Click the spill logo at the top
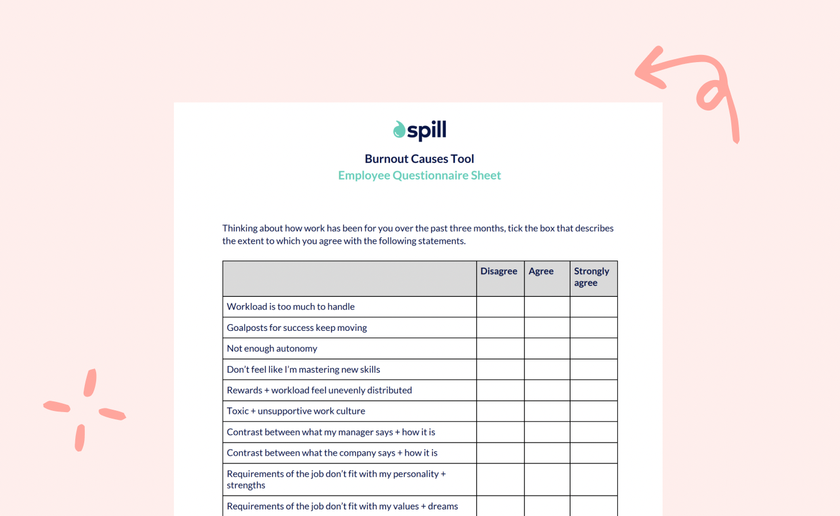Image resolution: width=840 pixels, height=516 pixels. pyautogui.click(x=419, y=130)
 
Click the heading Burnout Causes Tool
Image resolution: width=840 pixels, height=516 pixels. pyautogui.click(x=419, y=159)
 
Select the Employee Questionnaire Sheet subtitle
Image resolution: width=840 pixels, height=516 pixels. pyautogui.click(x=419, y=176)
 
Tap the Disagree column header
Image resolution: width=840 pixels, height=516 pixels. pyautogui.click(x=499, y=271)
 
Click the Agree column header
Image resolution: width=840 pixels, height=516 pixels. pyautogui.click(x=541, y=271)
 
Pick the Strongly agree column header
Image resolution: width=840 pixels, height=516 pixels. pyautogui.click(x=591, y=277)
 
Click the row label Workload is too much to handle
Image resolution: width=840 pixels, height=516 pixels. pyautogui.click(x=291, y=307)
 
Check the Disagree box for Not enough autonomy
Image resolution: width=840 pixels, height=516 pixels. pyautogui.click(x=501, y=349)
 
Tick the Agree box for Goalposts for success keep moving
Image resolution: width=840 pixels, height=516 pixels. pyautogui.click(x=547, y=328)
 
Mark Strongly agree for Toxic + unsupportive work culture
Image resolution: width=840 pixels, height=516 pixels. pyautogui.click(x=594, y=411)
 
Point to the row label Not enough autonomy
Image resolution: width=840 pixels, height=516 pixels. pyautogui.click(x=272, y=349)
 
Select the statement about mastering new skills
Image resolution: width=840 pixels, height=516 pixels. pyautogui.click(x=303, y=370)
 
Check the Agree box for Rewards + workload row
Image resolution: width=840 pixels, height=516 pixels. pyautogui.click(x=547, y=391)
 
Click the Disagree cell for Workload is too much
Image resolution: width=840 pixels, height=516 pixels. pyautogui.click(x=501, y=307)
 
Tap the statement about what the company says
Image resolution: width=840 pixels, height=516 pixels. pyautogui.click(x=332, y=453)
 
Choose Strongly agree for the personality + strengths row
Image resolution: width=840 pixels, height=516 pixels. pyautogui.click(x=594, y=480)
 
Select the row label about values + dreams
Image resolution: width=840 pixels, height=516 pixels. pyautogui.click(x=342, y=506)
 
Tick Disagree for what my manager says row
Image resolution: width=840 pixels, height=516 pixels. pyautogui.click(x=501, y=432)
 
